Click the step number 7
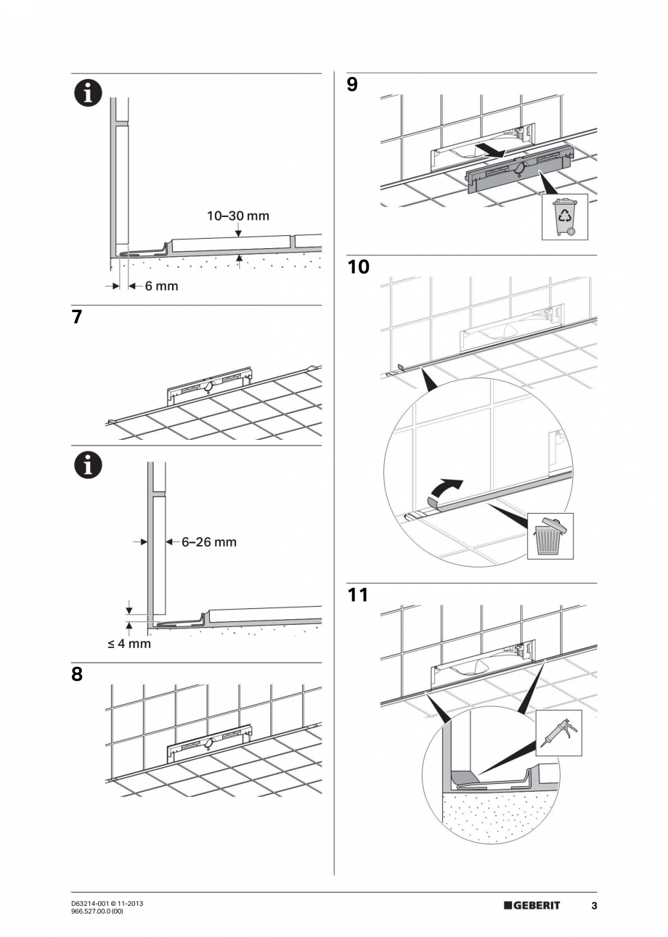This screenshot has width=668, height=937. coord(77,317)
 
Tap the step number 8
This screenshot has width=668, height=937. coord(77,674)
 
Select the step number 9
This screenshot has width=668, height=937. coord(352,85)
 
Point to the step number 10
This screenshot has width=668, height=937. coord(358,267)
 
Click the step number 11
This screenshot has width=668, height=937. coord(357,595)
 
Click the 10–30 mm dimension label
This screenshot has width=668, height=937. coord(238,216)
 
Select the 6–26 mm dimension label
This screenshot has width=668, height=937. coord(208,542)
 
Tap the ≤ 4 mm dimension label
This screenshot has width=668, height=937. coord(130,644)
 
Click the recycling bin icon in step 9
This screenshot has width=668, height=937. coord(564,216)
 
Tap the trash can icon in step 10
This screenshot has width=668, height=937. coord(550,536)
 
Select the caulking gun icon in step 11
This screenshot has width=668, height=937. coord(558,734)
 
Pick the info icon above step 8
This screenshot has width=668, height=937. coord(87,465)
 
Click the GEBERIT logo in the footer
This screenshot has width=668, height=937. coord(532,906)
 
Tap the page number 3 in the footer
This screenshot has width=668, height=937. coord(594,906)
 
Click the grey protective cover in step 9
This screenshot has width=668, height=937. coord(516,173)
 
